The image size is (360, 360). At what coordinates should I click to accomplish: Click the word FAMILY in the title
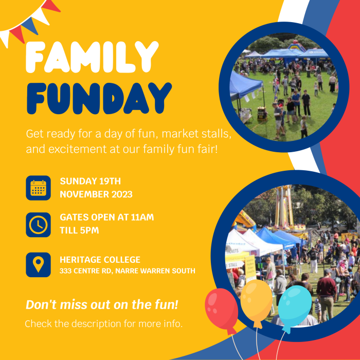(x=92, y=58)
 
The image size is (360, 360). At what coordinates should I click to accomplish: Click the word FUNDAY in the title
(x=99, y=98)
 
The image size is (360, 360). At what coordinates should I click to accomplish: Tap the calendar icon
(x=39, y=188)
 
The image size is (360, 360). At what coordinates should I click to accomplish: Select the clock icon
(x=39, y=225)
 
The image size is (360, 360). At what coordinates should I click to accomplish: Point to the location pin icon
(x=39, y=265)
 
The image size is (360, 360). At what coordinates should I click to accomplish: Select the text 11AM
(x=142, y=217)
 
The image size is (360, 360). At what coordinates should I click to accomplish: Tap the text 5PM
(x=89, y=230)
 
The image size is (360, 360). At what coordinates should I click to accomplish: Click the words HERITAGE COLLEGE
(x=100, y=260)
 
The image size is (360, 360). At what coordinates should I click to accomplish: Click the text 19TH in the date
(x=110, y=181)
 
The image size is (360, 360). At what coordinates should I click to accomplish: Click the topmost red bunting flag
(x=51, y=6)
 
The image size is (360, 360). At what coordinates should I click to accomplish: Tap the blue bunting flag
(x=30, y=26)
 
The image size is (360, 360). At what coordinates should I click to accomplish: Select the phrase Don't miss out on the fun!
(x=102, y=304)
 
